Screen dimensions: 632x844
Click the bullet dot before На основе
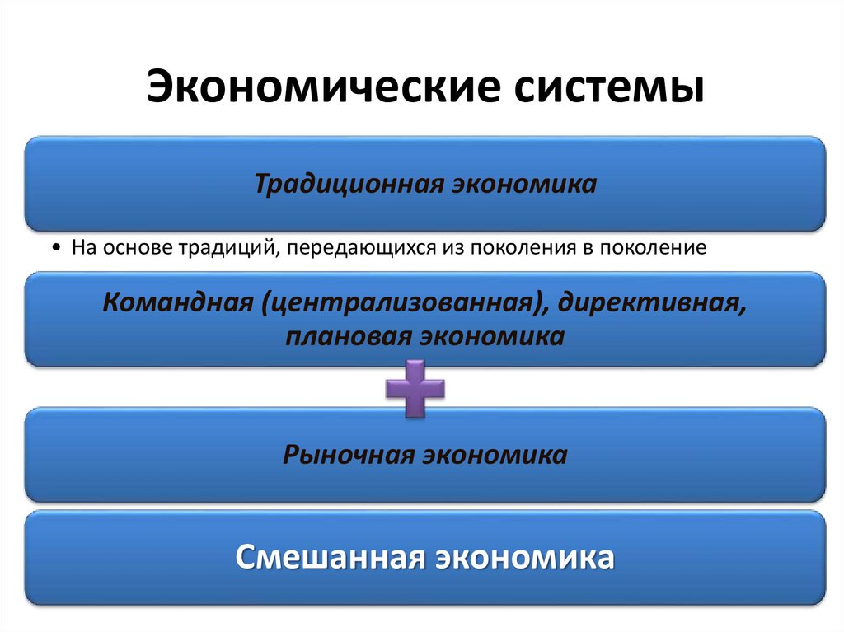tap(54, 248)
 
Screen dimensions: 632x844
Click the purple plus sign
tap(415, 388)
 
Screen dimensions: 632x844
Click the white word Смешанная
tap(330, 557)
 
